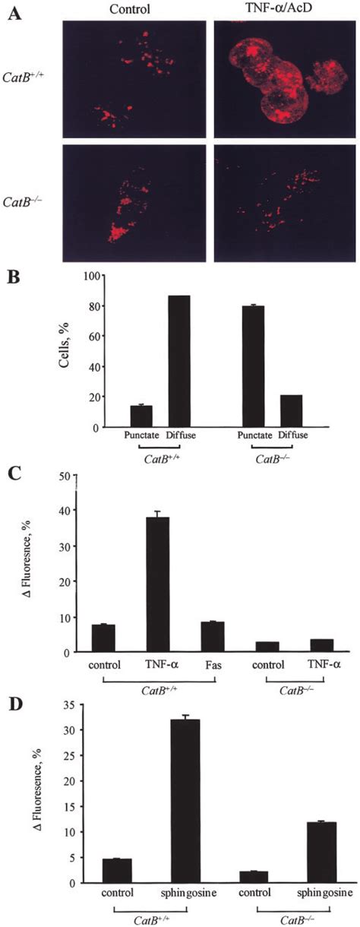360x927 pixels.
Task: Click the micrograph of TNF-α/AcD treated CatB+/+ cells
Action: click(x=283, y=78)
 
